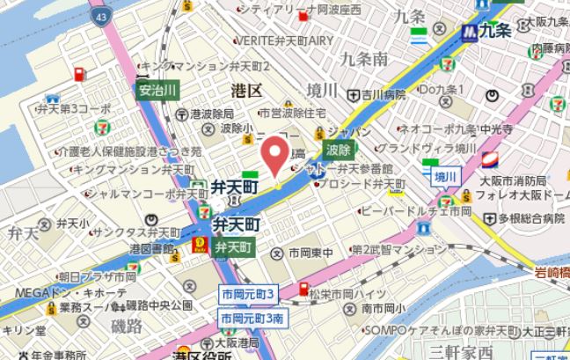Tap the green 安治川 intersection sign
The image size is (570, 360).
coord(158,90)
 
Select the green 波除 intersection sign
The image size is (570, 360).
coord(338,151)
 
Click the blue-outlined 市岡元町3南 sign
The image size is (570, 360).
coord(252,317)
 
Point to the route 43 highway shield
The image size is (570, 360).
coord(105,17)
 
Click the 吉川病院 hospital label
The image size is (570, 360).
coord(381,93)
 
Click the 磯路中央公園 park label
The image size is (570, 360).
coord(158,305)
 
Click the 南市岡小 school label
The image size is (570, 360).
coord(383,308)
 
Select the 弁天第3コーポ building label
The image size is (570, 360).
coord(73,108)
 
